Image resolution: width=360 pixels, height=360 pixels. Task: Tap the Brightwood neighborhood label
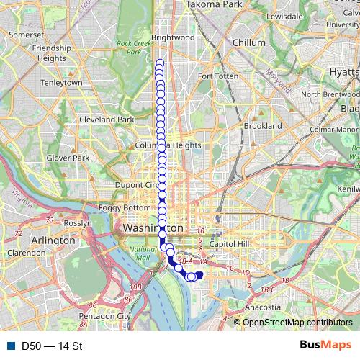[x=174, y=37]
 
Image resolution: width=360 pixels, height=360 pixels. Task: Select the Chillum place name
[x=249, y=42]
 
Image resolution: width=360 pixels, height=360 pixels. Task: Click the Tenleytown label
[x=63, y=83]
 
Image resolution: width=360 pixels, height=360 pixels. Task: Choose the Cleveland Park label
[x=107, y=119]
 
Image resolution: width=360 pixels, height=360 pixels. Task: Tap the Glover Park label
[x=67, y=157]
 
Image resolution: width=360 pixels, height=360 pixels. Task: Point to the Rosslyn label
[x=78, y=223]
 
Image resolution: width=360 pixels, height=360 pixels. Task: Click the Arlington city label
[x=51, y=240]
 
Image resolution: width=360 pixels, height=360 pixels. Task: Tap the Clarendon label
[x=26, y=253]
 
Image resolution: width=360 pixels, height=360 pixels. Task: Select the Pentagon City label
[x=104, y=315]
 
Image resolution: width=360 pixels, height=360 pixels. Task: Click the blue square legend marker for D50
[x=9, y=346]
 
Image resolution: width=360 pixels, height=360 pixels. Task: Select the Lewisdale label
[x=284, y=15]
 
